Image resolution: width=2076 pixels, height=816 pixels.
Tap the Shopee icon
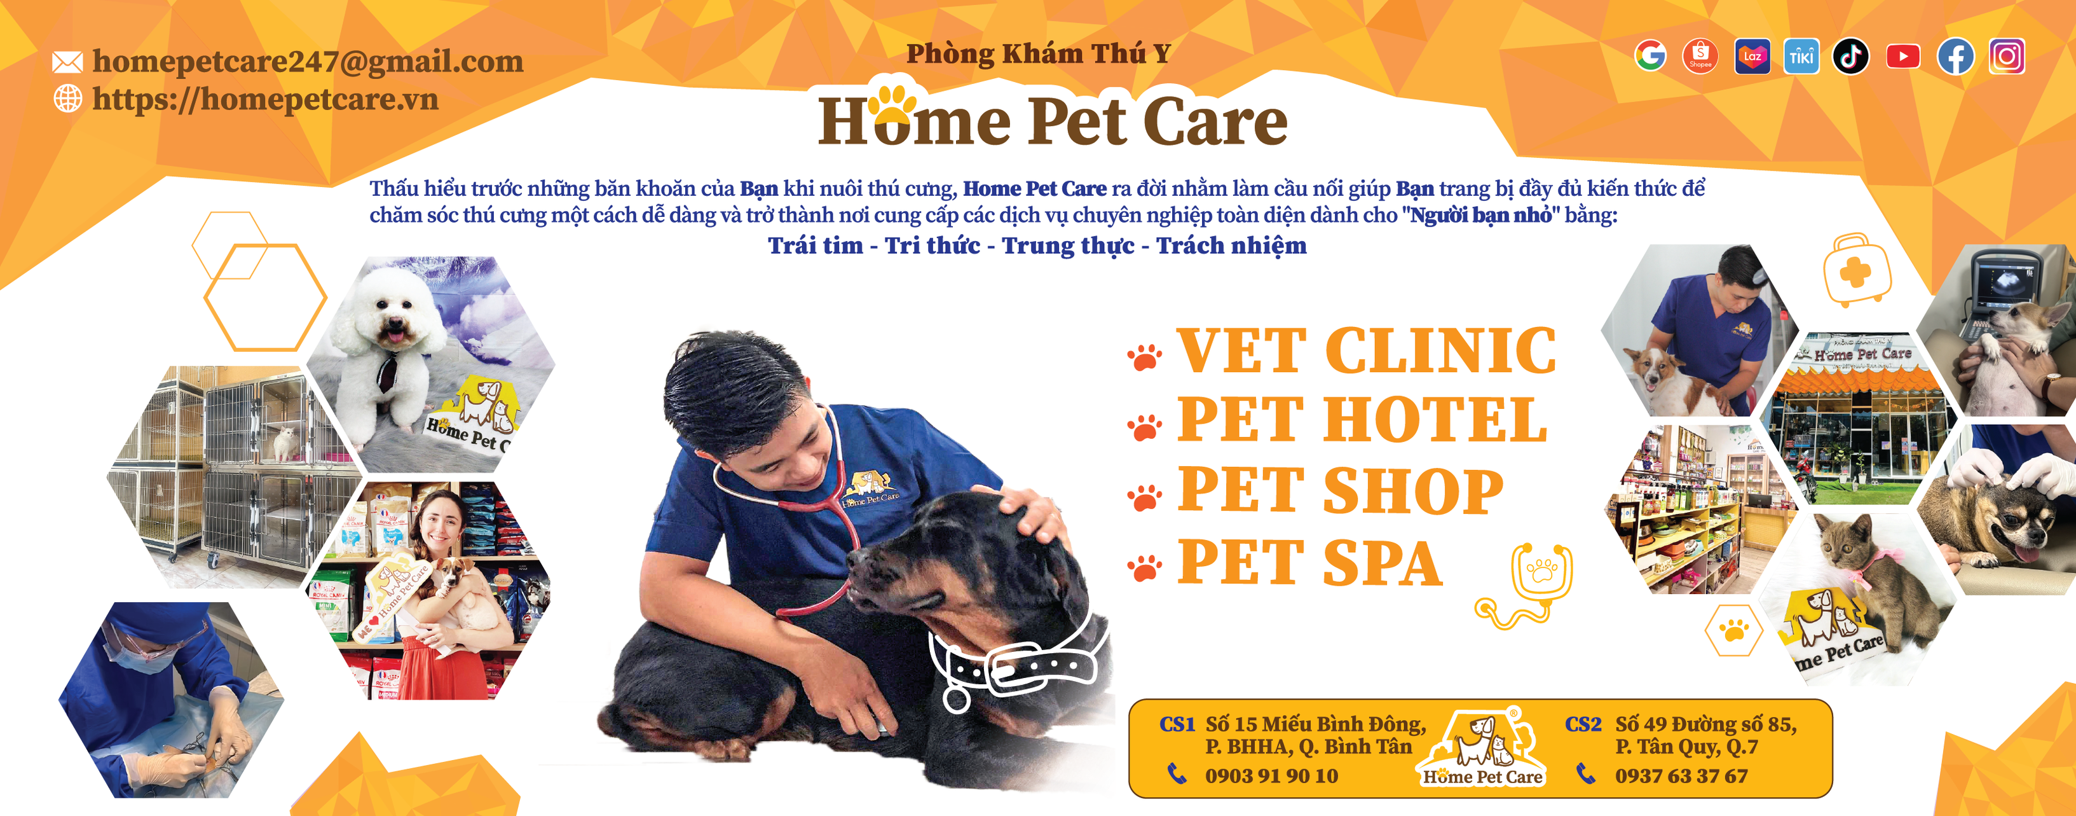click(x=1700, y=57)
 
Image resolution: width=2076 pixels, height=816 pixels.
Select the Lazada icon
click(x=1752, y=57)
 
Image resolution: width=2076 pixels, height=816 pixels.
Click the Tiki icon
click(x=1801, y=57)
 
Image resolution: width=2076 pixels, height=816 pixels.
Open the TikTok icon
click(x=1851, y=57)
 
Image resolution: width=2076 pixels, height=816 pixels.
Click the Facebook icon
click(x=1956, y=57)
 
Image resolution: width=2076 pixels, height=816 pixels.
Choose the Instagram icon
click(x=2007, y=57)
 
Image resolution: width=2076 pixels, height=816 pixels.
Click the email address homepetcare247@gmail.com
click(x=308, y=61)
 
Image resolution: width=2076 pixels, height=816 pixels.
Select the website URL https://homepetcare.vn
click(x=265, y=99)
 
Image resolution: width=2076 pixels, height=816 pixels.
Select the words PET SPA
click(x=1309, y=562)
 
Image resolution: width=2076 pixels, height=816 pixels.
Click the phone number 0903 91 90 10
click(x=1272, y=776)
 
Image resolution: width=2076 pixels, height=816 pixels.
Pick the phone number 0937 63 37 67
click(x=1681, y=776)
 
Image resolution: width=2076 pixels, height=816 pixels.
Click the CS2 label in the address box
click(x=1583, y=724)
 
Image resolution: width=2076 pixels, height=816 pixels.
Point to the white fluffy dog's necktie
click(x=389, y=371)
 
